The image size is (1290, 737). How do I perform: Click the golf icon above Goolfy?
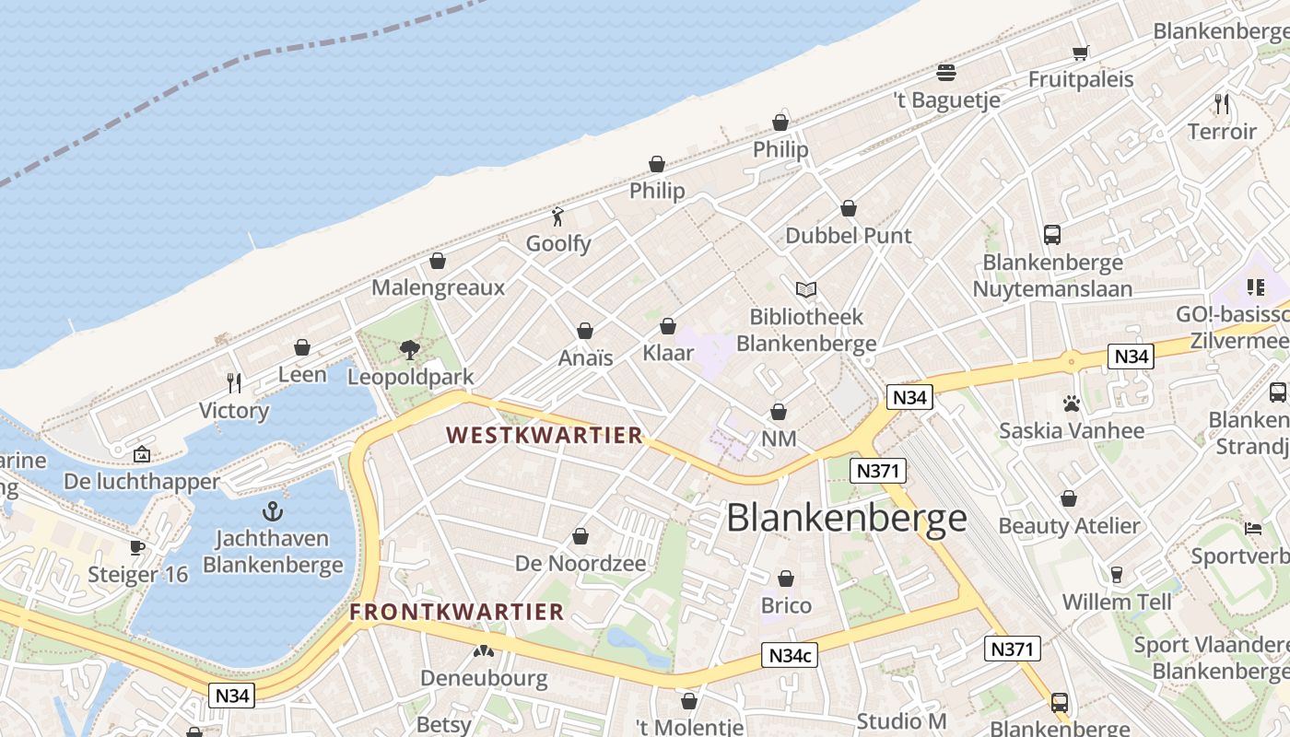point(557,217)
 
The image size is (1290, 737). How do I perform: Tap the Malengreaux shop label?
point(438,287)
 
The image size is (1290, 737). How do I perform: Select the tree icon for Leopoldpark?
point(410,350)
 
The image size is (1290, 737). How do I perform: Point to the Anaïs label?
point(585,358)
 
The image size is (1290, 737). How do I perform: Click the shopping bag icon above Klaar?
point(668,327)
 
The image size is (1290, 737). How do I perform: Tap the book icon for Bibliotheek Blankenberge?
point(806,290)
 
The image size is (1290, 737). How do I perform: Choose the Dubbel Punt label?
point(848,236)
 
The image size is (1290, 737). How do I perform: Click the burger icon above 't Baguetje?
point(946,73)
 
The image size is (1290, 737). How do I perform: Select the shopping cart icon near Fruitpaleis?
point(1080,53)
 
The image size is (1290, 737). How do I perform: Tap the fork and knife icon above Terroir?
point(1222,103)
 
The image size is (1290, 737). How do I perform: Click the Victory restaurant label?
point(234,411)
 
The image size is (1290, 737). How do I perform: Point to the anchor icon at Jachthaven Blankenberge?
point(273,512)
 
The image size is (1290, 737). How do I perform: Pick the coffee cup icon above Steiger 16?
point(137,548)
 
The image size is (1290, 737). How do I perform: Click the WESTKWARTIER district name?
point(544,436)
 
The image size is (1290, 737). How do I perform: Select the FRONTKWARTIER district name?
point(456,612)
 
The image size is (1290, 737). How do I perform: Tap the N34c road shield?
point(790,656)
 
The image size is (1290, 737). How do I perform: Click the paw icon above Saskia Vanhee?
point(1071,404)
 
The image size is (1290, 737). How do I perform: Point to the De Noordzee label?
point(580,564)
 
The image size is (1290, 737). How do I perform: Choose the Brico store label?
point(786,606)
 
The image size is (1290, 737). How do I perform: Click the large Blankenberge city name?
point(846,519)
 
